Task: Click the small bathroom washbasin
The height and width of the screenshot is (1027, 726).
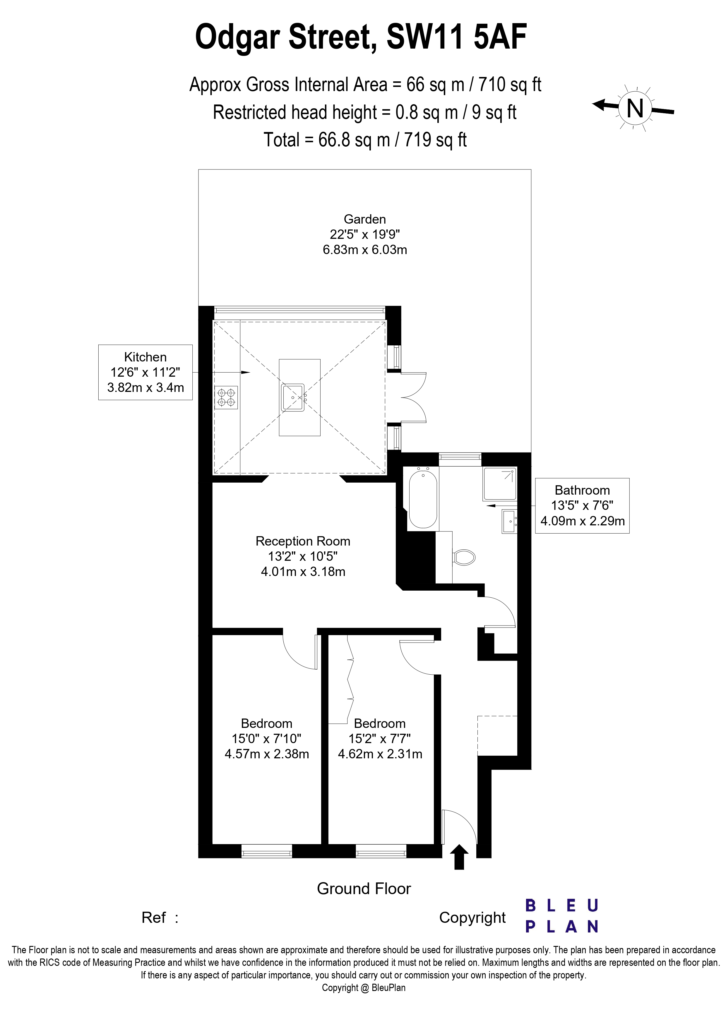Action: click(509, 521)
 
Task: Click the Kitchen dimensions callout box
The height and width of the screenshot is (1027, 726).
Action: click(145, 372)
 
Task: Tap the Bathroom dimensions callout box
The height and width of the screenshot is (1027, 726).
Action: click(582, 505)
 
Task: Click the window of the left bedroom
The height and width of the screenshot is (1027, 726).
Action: click(267, 851)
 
